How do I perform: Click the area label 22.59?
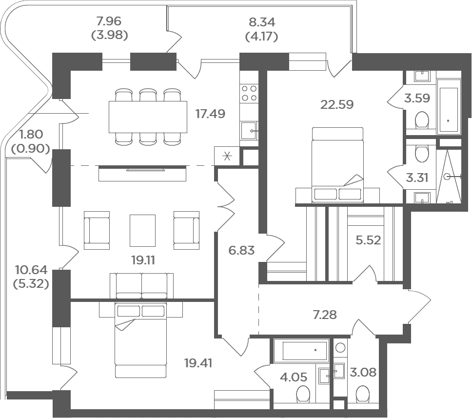337,104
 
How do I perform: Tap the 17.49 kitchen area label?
210,114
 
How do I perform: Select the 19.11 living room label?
143,260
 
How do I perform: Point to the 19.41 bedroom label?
198,363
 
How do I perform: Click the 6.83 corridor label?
241,250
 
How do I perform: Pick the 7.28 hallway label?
325,315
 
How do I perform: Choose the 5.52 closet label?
368,240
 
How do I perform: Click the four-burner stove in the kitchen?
249,93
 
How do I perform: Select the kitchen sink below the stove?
249,131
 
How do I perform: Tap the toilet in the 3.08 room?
363,394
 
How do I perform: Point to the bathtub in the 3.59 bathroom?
449,107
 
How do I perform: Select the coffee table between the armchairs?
143,230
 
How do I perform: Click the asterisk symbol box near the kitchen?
227,156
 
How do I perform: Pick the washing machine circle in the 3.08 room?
340,348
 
